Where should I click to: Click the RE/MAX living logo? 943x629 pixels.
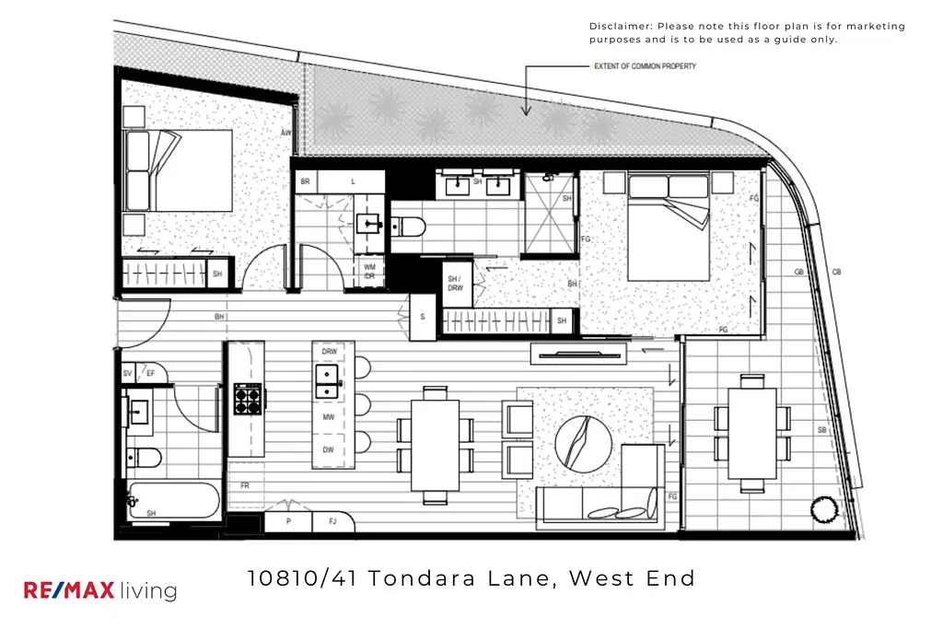(x=99, y=590)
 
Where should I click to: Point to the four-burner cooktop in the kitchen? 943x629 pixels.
(x=248, y=398)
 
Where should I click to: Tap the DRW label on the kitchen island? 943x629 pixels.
(x=329, y=353)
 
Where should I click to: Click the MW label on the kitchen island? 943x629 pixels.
(x=329, y=417)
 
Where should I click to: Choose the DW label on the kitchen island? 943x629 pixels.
(x=329, y=449)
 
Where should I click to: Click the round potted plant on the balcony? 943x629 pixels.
(x=821, y=508)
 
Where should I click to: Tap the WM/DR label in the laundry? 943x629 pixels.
(x=368, y=272)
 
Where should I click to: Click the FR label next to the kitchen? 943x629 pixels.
(x=245, y=484)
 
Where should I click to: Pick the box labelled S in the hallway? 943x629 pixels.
(x=423, y=316)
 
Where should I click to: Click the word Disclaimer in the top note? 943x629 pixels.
(x=621, y=27)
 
